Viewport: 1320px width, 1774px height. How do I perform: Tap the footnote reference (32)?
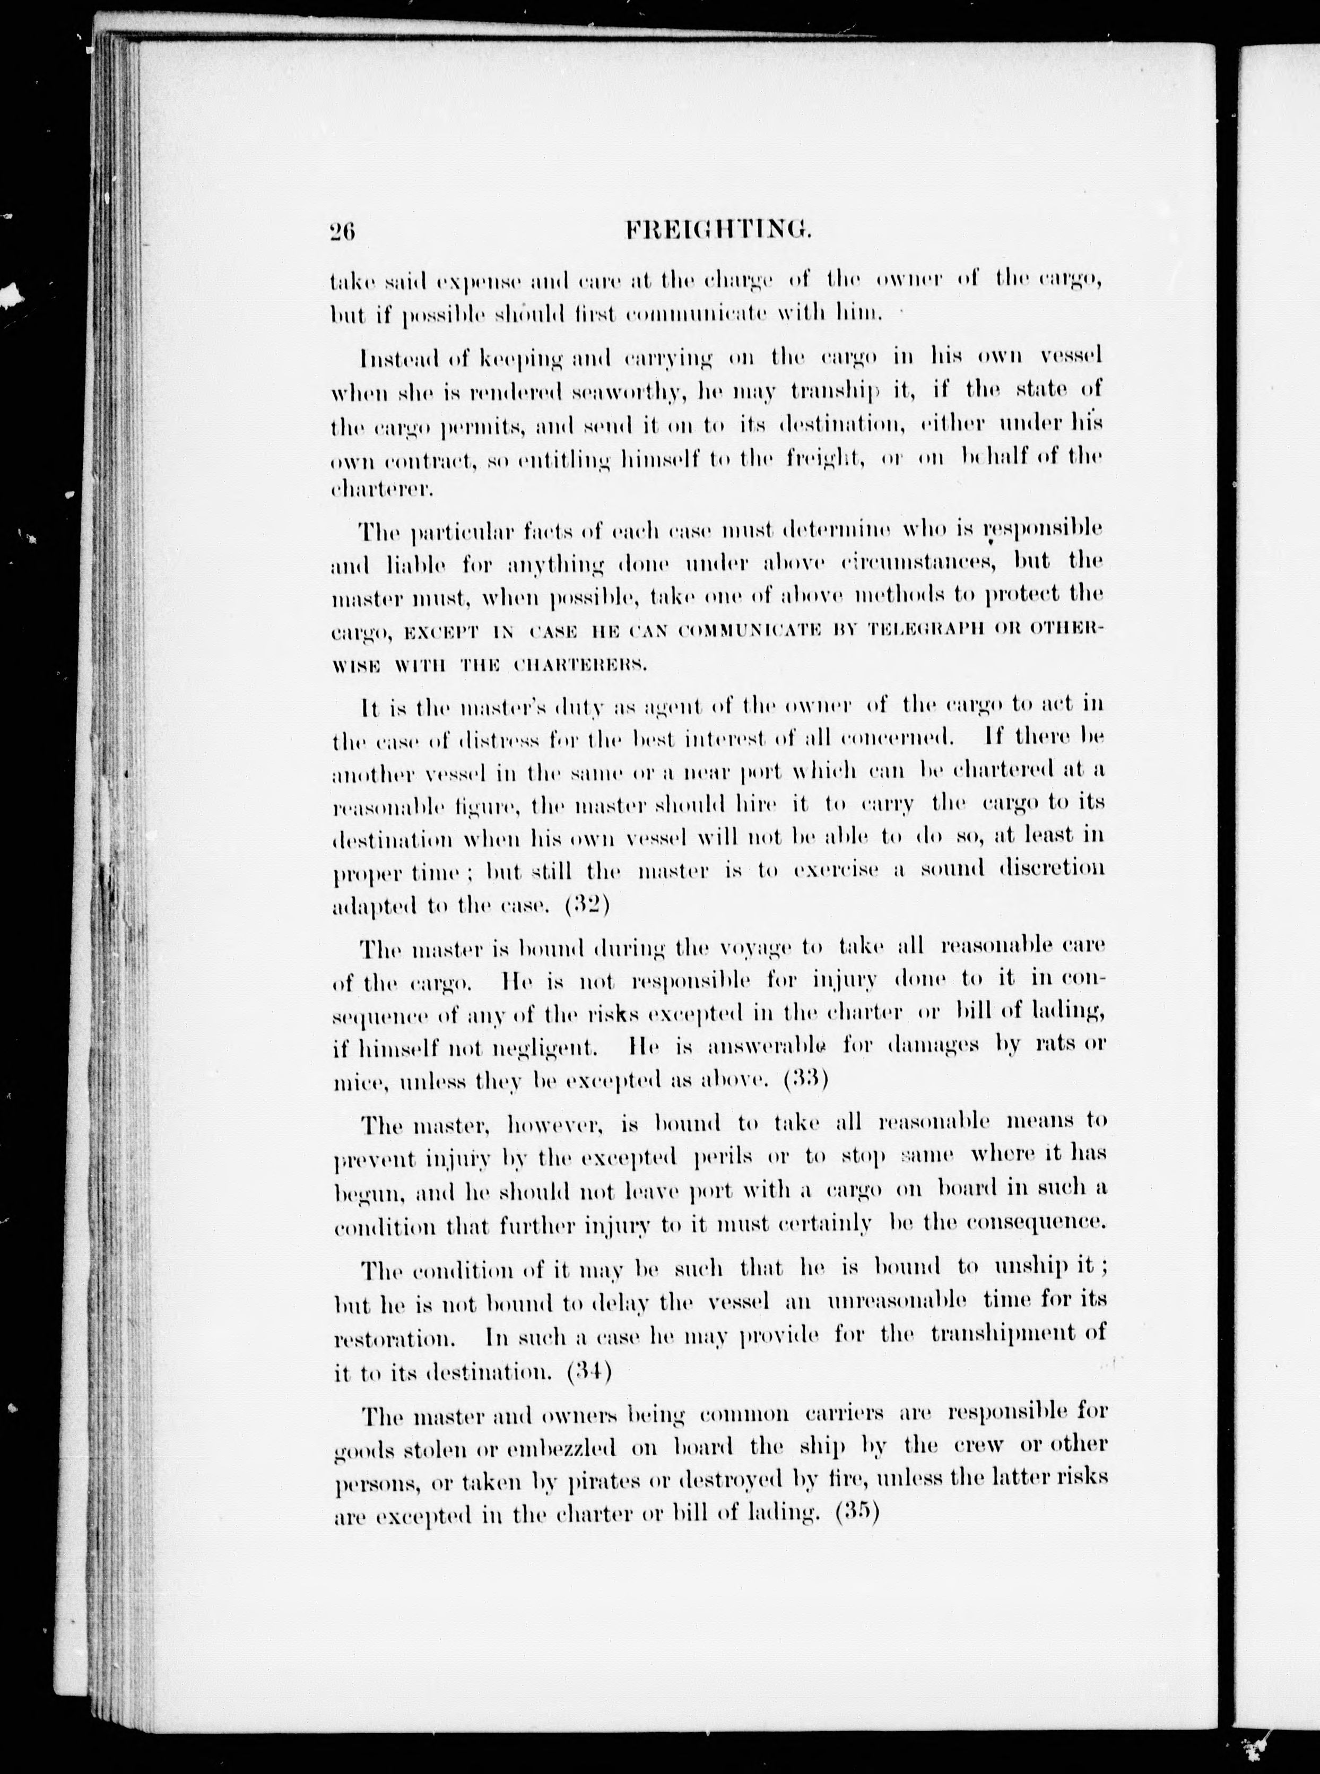(x=587, y=906)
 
